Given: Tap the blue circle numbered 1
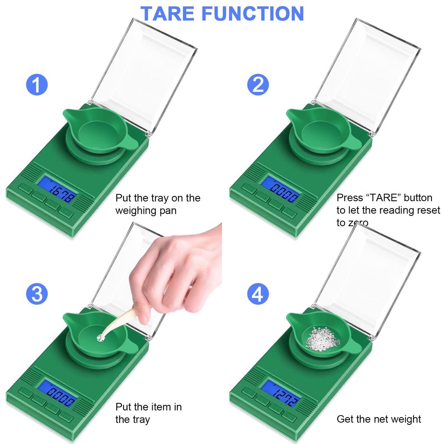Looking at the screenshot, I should coord(37,85).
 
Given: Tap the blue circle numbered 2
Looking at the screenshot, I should coord(258,85).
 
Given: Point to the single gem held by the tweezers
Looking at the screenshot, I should coord(102,336).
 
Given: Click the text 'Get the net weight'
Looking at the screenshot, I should coord(379,419).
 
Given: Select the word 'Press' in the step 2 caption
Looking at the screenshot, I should coord(350,198).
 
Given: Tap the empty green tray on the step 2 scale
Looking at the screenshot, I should coord(321,130).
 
